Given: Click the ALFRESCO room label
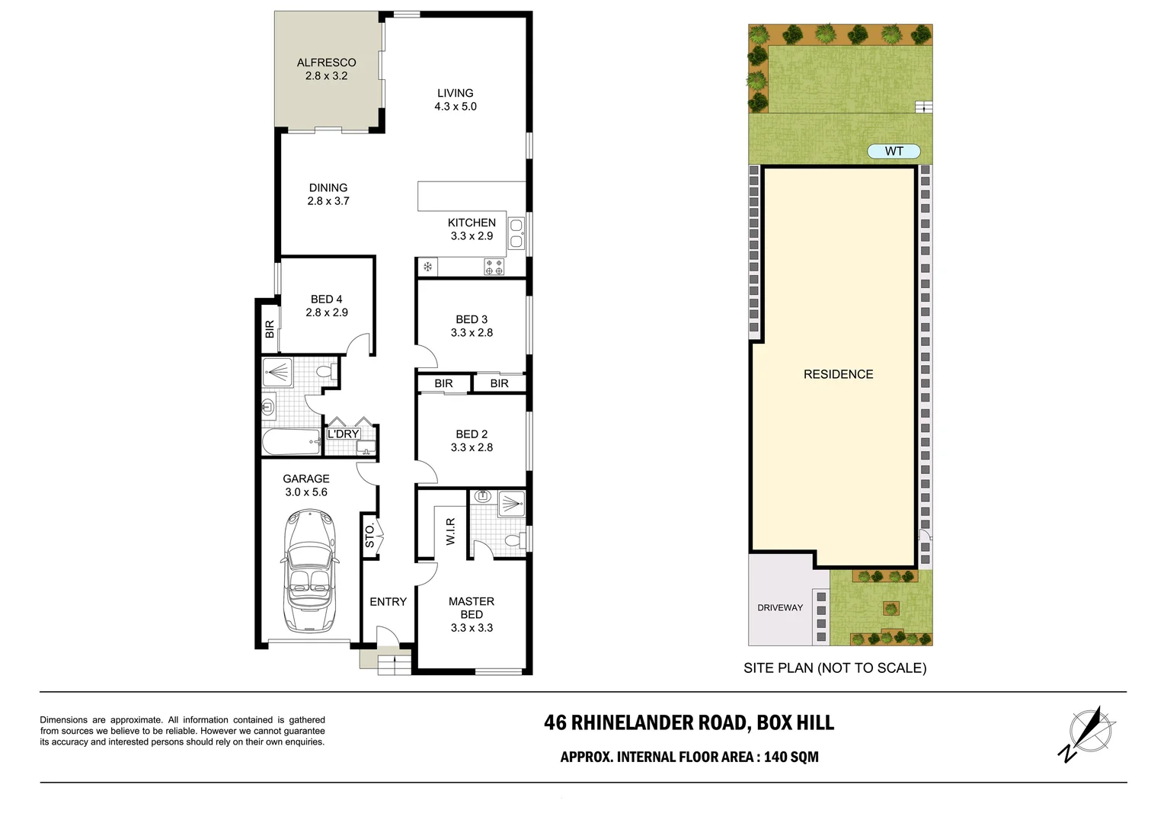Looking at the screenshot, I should (326, 62).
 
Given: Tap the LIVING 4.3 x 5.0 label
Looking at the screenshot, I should (456, 100).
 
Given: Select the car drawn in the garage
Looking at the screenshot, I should (309, 572).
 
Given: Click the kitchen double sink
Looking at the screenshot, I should (516, 234).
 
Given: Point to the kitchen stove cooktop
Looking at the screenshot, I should (494, 267).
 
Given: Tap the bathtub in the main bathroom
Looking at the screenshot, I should (290, 442).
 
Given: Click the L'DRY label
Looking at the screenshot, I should (343, 434).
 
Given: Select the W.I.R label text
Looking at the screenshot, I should (450, 531).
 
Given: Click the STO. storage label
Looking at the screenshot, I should (370, 535).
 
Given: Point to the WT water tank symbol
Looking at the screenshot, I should (894, 152).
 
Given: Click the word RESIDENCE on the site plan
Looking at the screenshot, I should (838, 374).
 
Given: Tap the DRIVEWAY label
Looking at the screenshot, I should (780, 607).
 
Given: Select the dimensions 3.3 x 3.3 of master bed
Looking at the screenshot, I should (472, 628).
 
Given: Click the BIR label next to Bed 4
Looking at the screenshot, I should (269, 329).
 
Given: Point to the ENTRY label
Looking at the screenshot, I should (388, 601).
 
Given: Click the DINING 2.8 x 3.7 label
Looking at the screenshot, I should (328, 194).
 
